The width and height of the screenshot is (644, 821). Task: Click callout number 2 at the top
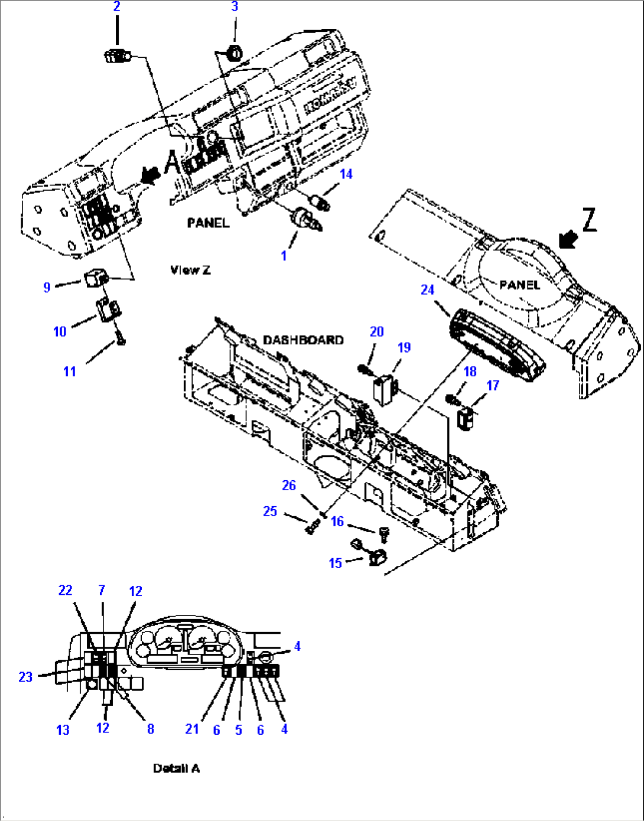[116, 7]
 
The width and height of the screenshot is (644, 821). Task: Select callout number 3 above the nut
[235, 7]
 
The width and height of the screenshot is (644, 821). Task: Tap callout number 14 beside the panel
[346, 174]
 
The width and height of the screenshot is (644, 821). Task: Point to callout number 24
[427, 290]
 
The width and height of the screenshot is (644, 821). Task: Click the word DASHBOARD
[303, 340]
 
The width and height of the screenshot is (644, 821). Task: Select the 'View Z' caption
[190, 271]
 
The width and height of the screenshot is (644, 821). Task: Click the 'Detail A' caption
[176, 768]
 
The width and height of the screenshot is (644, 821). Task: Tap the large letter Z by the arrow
[589, 220]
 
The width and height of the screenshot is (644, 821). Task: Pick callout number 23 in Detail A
[25, 677]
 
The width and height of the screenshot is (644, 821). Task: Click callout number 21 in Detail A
[192, 729]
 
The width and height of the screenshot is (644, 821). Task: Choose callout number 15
[335, 563]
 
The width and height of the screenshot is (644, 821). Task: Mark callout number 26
[288, 486]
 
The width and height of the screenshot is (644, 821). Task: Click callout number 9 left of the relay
[47, 288]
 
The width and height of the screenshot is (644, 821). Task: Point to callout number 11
[70, 372]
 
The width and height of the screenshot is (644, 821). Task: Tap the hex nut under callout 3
[234, 53]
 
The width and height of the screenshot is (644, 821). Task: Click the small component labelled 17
[467, 419]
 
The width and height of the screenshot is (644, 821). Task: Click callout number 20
[376, 332]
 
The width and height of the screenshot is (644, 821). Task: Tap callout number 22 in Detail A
[65, 591]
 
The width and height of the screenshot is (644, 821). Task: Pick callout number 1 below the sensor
[284, 256]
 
